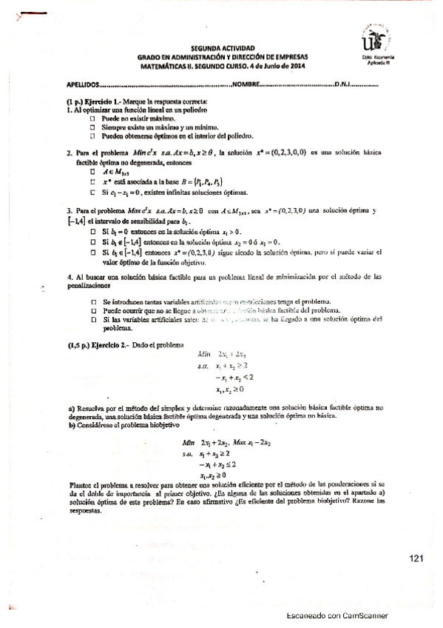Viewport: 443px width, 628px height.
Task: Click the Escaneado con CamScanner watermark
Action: [337, 615]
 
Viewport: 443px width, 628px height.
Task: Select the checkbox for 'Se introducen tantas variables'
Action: [93, 301]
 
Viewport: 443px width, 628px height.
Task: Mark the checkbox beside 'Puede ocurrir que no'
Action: [93, 310]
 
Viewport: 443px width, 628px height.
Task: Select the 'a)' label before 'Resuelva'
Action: [70, 407]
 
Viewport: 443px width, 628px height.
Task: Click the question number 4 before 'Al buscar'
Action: [69, 275]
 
